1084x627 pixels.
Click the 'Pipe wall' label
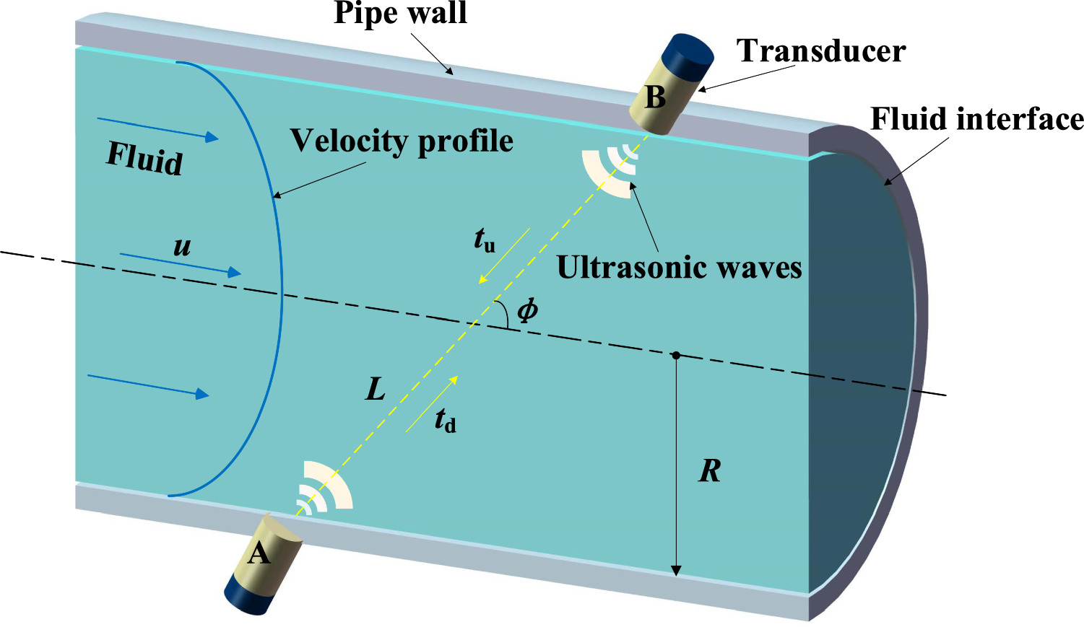click(x=400, y=14)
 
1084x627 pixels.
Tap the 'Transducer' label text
click(x=820, y=51)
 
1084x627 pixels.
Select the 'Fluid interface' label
click(x=976, y=119)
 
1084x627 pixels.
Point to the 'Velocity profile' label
click(x=402, y=141)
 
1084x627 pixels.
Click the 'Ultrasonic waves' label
click(x=679, y=268)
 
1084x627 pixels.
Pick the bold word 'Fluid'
click(x=144, y=157)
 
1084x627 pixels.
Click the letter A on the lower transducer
click(x=259, y=554)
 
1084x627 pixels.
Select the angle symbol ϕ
click(x=527, y=310)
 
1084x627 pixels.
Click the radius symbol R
click(x=710, y=471)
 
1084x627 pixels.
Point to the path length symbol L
click(x=376, y=390)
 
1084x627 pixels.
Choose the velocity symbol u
click(x=182, y=247)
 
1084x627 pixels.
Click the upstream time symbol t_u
click(x=485, y=240)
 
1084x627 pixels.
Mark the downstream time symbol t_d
click(x=445, y=420)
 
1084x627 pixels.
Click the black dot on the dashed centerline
click(x=676, y=355)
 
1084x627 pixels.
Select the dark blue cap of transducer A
click(x=246, y=595)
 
